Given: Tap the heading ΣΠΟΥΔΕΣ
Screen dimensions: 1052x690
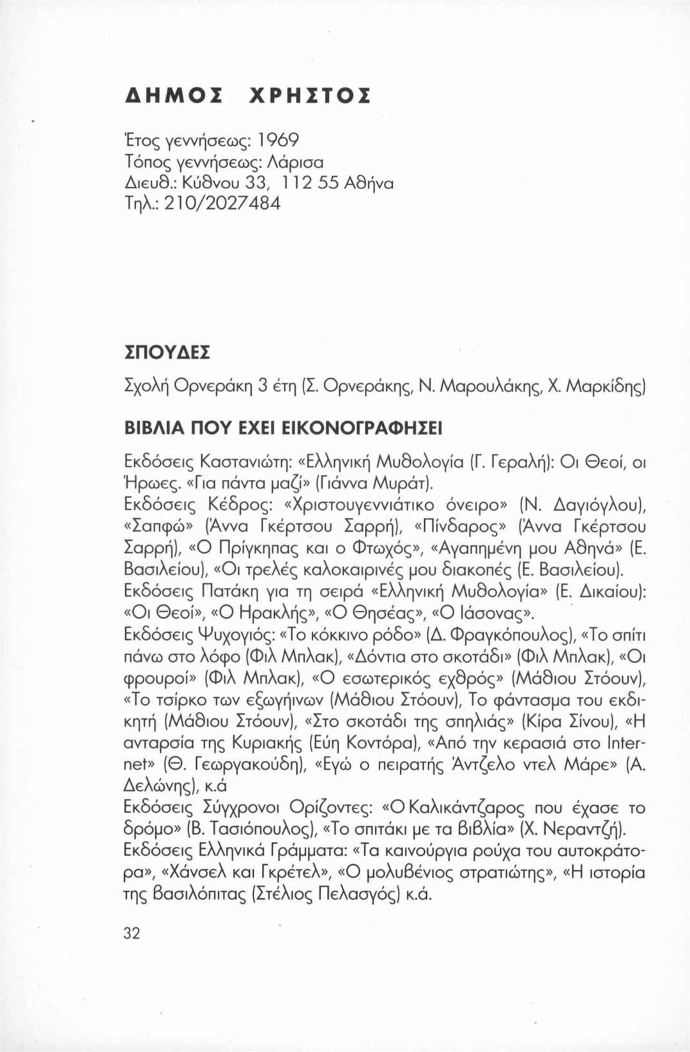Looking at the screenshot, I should (167, 353).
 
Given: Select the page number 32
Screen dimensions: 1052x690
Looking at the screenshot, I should (132, 933).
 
